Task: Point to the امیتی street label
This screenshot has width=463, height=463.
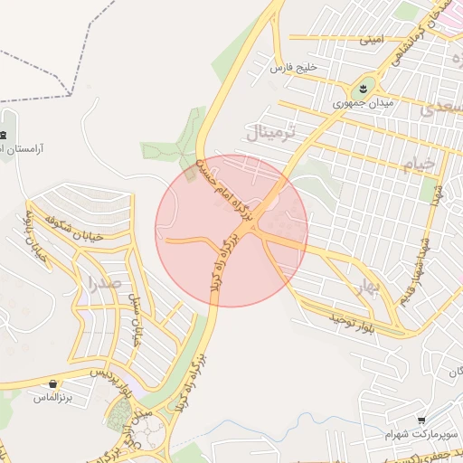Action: [x=372, y=41]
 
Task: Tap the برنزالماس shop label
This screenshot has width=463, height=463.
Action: [x=52, y=397]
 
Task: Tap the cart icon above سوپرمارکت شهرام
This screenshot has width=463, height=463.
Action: [x=422, y=420]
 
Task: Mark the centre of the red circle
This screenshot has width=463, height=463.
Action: [x=231, y=231]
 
